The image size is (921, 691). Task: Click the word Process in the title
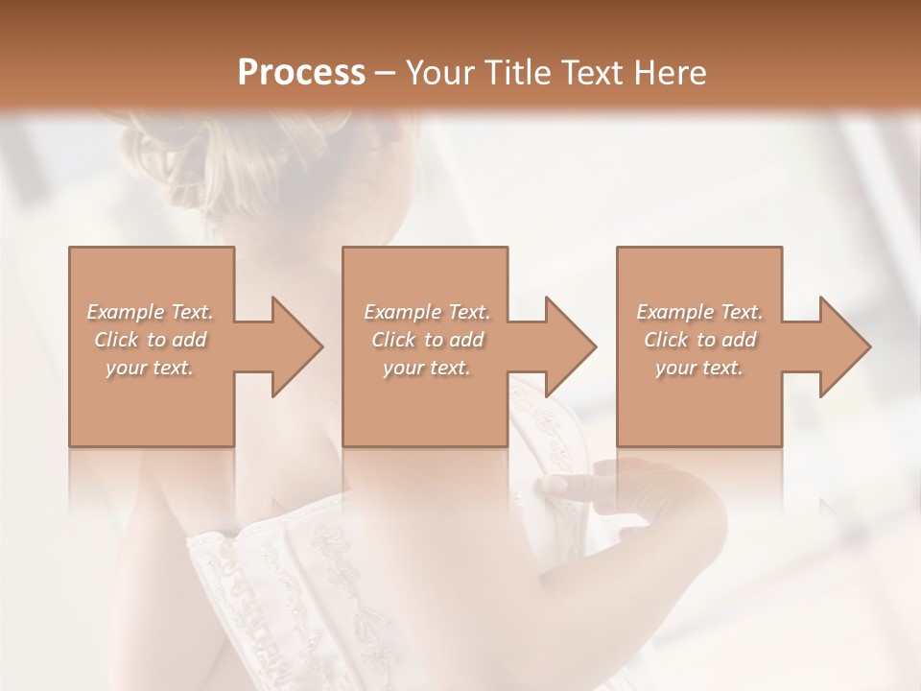(x=301, y=73)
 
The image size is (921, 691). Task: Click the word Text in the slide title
(x=592, y=73)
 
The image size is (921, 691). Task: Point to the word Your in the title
(x=443, y=73)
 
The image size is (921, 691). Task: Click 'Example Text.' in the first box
(x=151, y=312)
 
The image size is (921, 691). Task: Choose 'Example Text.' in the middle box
(x=427, y=312)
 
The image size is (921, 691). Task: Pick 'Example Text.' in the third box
(x=699, y=312)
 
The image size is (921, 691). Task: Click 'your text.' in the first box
(x=150, y=368)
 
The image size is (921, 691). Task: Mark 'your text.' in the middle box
(x=426, y=368)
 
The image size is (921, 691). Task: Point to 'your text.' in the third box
(x=698, y=368)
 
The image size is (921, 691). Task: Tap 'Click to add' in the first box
(x=151, y=340)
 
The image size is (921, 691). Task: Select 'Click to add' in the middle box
(x=427, y=340)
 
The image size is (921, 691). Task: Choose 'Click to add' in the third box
(x=699, y=340)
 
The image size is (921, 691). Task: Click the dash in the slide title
(x=386, y=73)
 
